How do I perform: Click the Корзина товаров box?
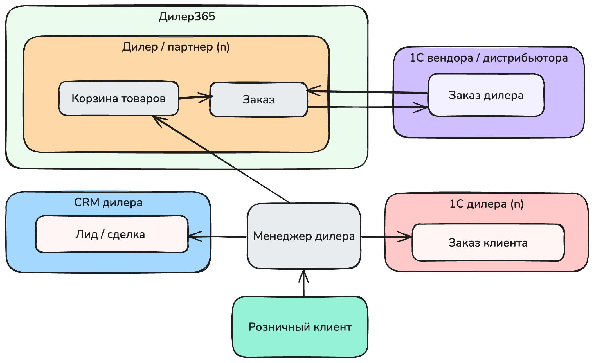(118, 98)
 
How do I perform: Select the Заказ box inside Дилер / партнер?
(258, 100)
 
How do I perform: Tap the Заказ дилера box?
(486, 95)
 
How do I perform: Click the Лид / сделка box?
(112, 234)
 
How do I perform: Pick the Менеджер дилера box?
(304, 236)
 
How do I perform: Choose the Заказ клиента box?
(488, 243)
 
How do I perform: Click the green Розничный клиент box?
(300, 327)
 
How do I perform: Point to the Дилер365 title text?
(187, 17)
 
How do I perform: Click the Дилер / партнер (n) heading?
(176, 47)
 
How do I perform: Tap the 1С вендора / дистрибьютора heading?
(488, 58)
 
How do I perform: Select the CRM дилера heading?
(108, 202)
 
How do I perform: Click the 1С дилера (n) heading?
(486, 204)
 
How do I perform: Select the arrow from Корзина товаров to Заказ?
(194, 97)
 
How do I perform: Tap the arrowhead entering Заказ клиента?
(406, 237)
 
